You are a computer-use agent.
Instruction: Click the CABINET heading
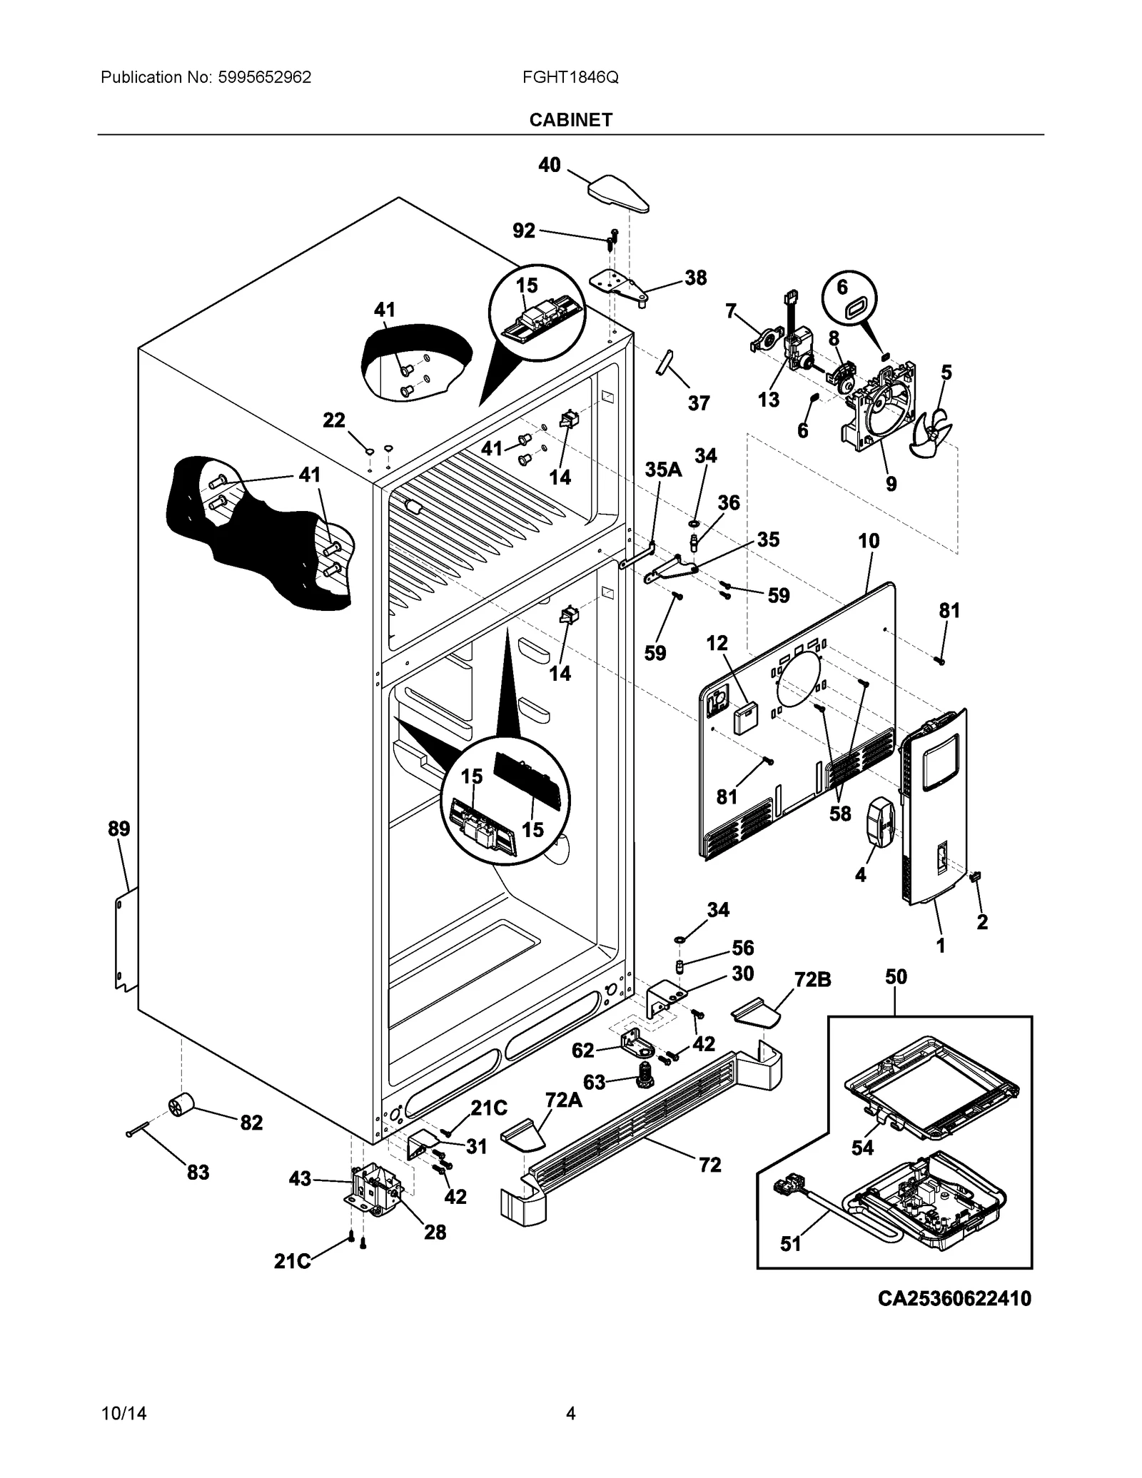point(570,120)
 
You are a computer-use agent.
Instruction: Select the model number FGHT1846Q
point(570,77)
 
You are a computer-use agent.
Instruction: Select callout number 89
point(119,829)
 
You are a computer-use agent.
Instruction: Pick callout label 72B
point(813,980)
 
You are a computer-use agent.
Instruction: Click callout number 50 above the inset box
point(896,977)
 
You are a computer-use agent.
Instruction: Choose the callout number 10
point(869,541)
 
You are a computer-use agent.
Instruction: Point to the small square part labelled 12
point(746,717)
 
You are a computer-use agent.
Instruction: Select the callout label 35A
point(663,469)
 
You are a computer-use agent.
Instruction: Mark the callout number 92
point(524,231)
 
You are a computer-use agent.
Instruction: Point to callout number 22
point(334,420)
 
